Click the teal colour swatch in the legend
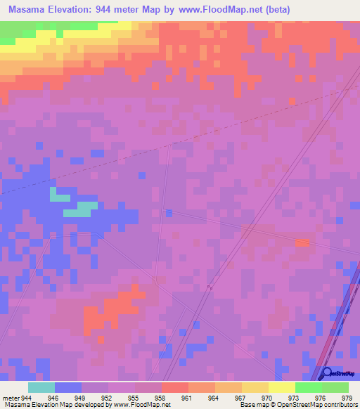[41, 387]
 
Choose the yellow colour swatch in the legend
[281, 387]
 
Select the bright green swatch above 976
[308, 387]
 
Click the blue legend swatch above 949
[68, 387]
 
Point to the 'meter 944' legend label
[16, 397]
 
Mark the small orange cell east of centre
[302, 242]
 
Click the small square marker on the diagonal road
[210, 287]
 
